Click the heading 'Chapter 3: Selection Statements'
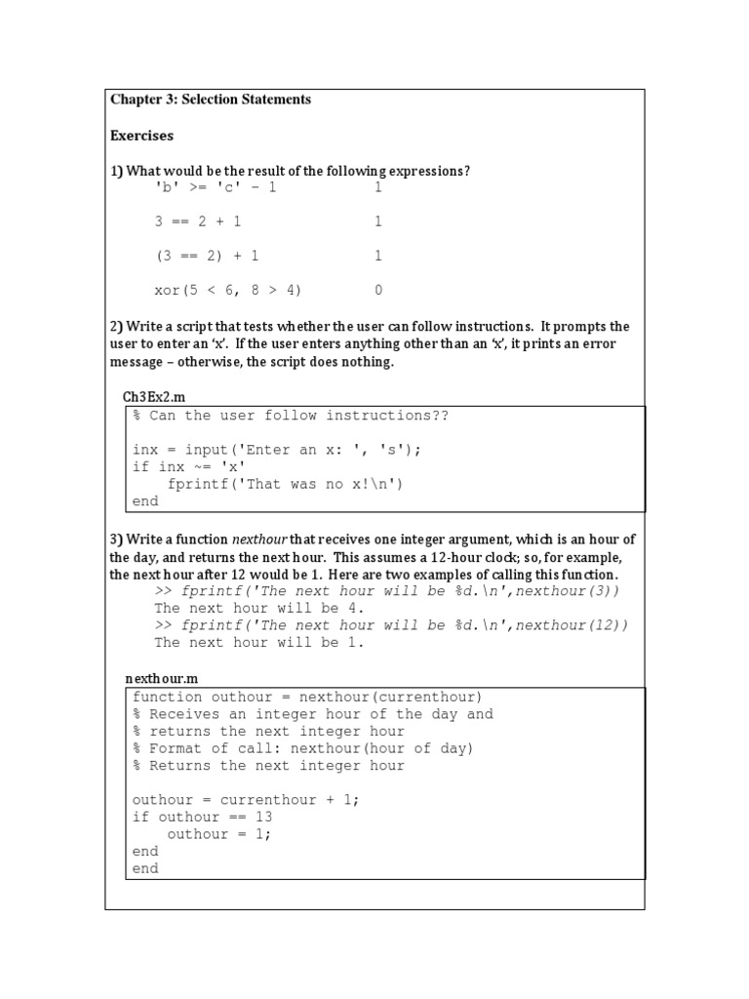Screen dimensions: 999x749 (x=211, y=100)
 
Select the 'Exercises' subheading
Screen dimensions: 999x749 (x=141, y=136)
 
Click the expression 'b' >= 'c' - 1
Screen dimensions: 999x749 (x=216, y=187)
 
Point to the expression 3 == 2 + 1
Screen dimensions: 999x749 (x=198, y=221)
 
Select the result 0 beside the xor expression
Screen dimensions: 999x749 (x=378, y=290)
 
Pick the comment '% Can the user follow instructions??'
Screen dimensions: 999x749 (x=291, y=416)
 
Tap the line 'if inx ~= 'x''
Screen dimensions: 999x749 (x=189, y=467)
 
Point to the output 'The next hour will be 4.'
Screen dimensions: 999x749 (x=259, y=608)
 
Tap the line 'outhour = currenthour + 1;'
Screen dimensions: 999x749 (x=246, y=799)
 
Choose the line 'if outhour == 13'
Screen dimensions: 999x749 (x=203, y=817)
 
